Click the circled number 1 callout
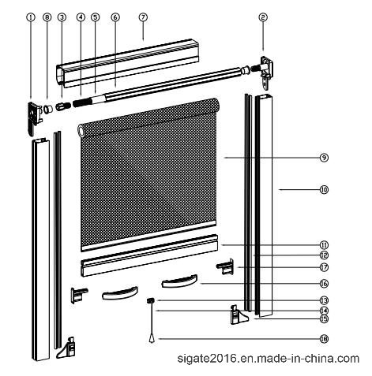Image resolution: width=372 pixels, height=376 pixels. (x=31, y=17)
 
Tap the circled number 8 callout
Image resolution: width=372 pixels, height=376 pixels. (x=47, y=17)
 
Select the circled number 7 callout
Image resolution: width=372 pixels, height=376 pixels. (x=143, y=17)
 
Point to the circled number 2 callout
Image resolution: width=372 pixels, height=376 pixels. (x=263, y=17)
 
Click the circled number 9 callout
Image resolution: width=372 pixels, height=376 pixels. (x=324, y=158)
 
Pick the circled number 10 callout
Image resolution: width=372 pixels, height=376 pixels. (x=324, y=189)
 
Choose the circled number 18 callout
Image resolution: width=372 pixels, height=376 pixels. (x=324, y=339)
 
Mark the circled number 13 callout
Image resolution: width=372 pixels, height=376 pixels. (x=324, y=300)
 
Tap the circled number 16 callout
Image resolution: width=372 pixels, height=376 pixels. (x=324, y=284)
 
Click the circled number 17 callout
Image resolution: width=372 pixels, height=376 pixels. (x=324, y=267)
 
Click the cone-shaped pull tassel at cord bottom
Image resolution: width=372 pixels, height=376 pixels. (x=151, y=339)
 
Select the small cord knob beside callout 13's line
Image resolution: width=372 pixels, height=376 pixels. (x=150, y=300)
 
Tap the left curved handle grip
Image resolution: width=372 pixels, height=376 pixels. (x=120, y=293)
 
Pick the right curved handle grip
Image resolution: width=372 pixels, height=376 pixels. (x=179, y=281)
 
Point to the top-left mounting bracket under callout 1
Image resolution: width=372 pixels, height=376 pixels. (x=35, y=118)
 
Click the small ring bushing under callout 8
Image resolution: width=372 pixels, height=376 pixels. (x=47, y=109)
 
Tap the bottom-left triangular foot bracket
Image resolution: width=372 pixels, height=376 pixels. (x=66, y=348)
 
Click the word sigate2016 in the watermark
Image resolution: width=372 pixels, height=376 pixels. (x=205, y=359)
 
